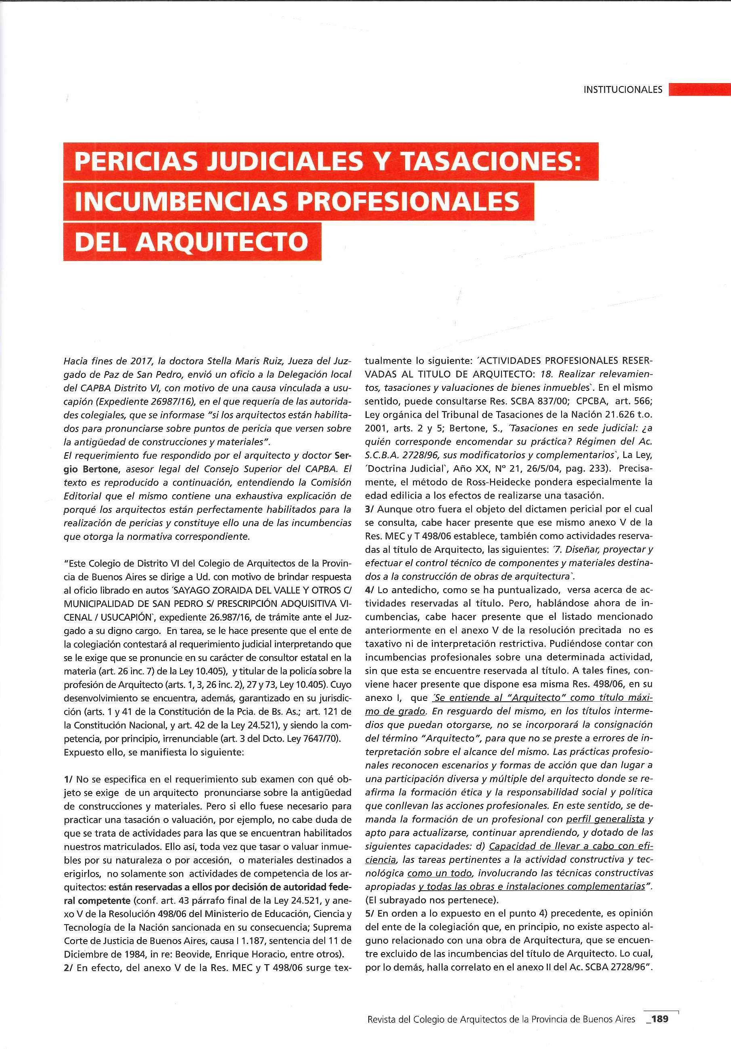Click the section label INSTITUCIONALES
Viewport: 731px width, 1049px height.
pos(622,90)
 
